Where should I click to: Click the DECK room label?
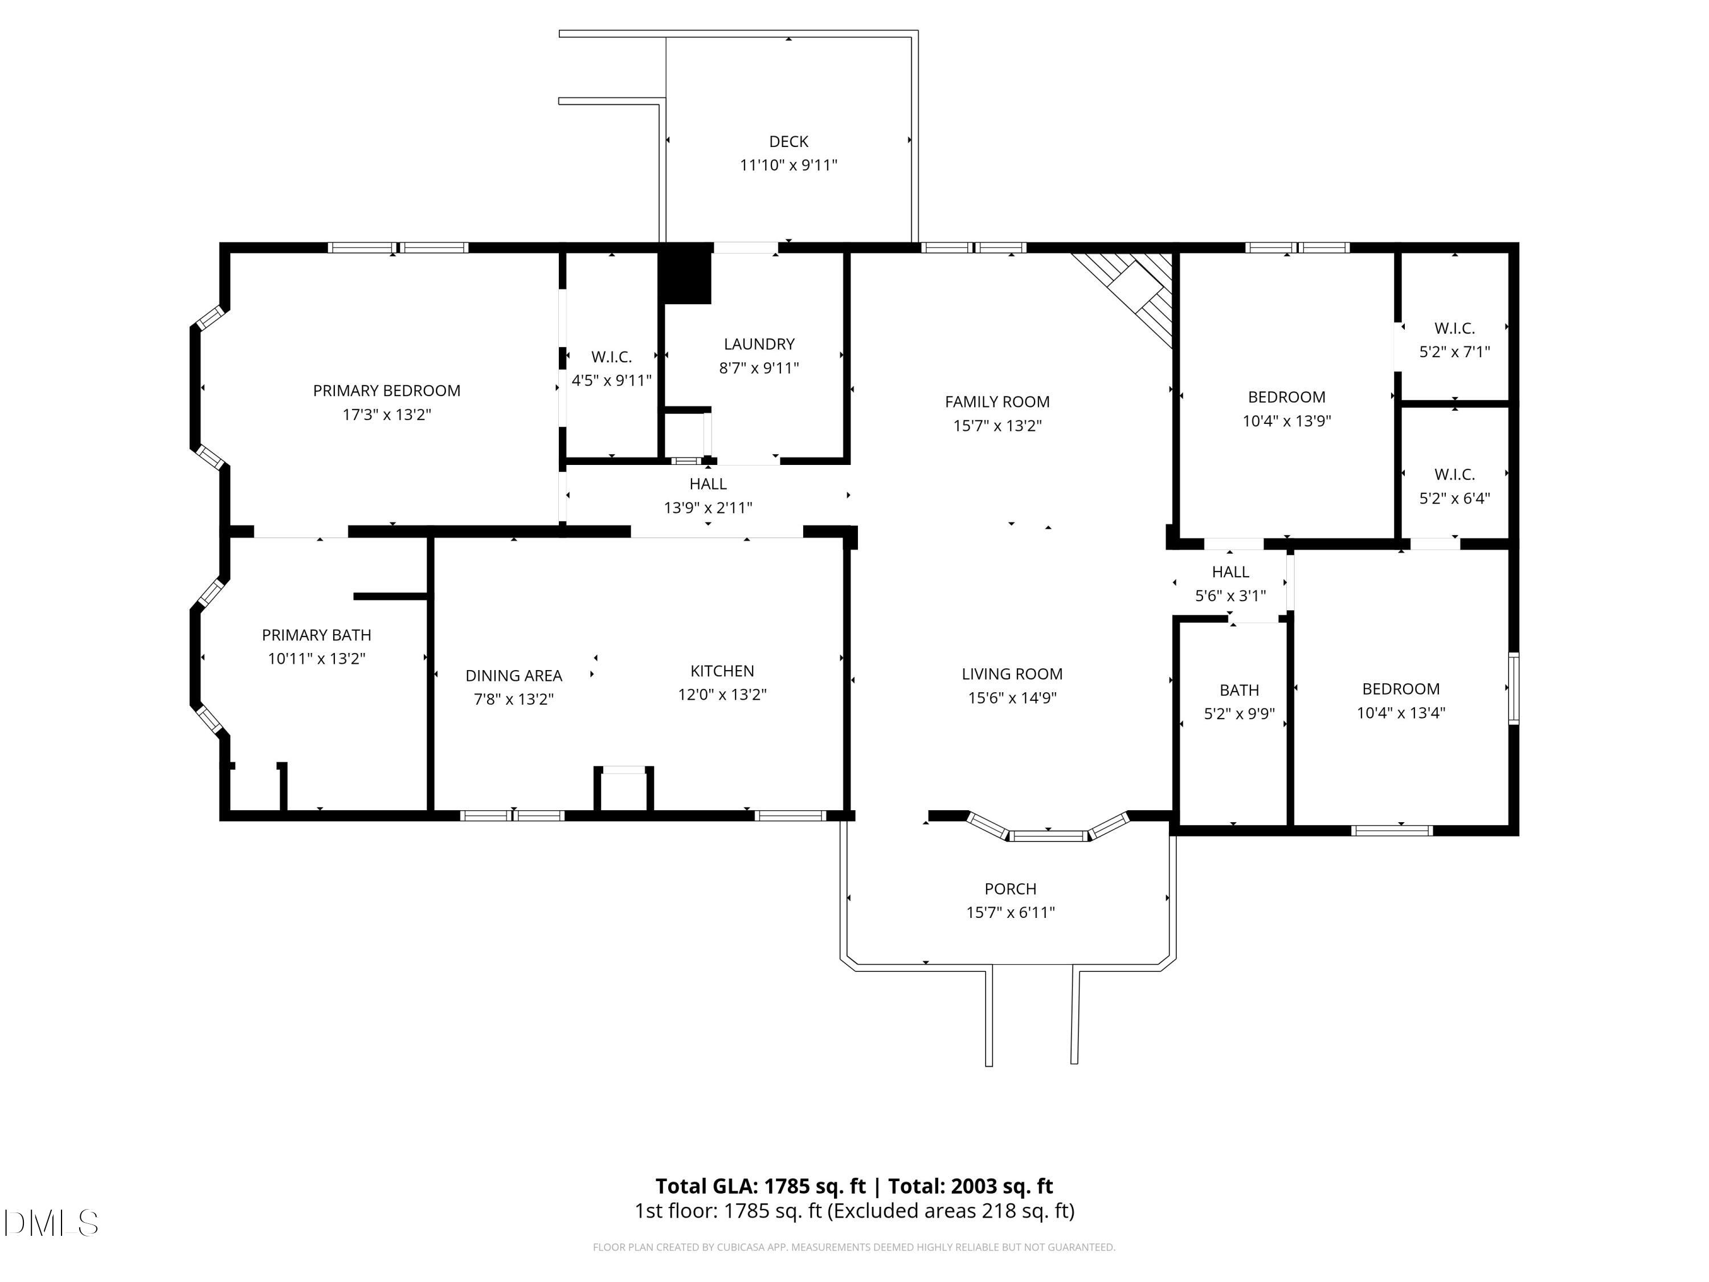[x=788, y=141]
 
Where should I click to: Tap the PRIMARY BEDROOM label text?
[x=386, y=391]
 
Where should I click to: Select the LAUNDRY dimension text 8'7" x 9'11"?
[x=759, y=368]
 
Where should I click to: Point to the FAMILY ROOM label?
[x=997, y=402]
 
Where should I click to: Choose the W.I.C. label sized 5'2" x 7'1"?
[x=1454, y=328]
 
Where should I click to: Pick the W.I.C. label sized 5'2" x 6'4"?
[x=1454, y=475]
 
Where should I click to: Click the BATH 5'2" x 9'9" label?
[x=1238, y=690]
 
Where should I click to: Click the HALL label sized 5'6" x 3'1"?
[x=1230, y=572]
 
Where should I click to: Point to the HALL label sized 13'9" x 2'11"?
[x=708, y=484]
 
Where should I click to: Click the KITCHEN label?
[x=722, y=671]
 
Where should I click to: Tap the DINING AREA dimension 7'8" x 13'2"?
[x=513, y=699]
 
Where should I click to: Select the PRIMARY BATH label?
[x=316, y=635]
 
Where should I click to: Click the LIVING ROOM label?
[x=1011, y=674]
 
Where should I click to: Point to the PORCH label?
[x=1010, y=889]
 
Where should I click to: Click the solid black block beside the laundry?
[x=685, y=274]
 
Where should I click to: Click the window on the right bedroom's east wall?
[x=1514, y=688]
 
